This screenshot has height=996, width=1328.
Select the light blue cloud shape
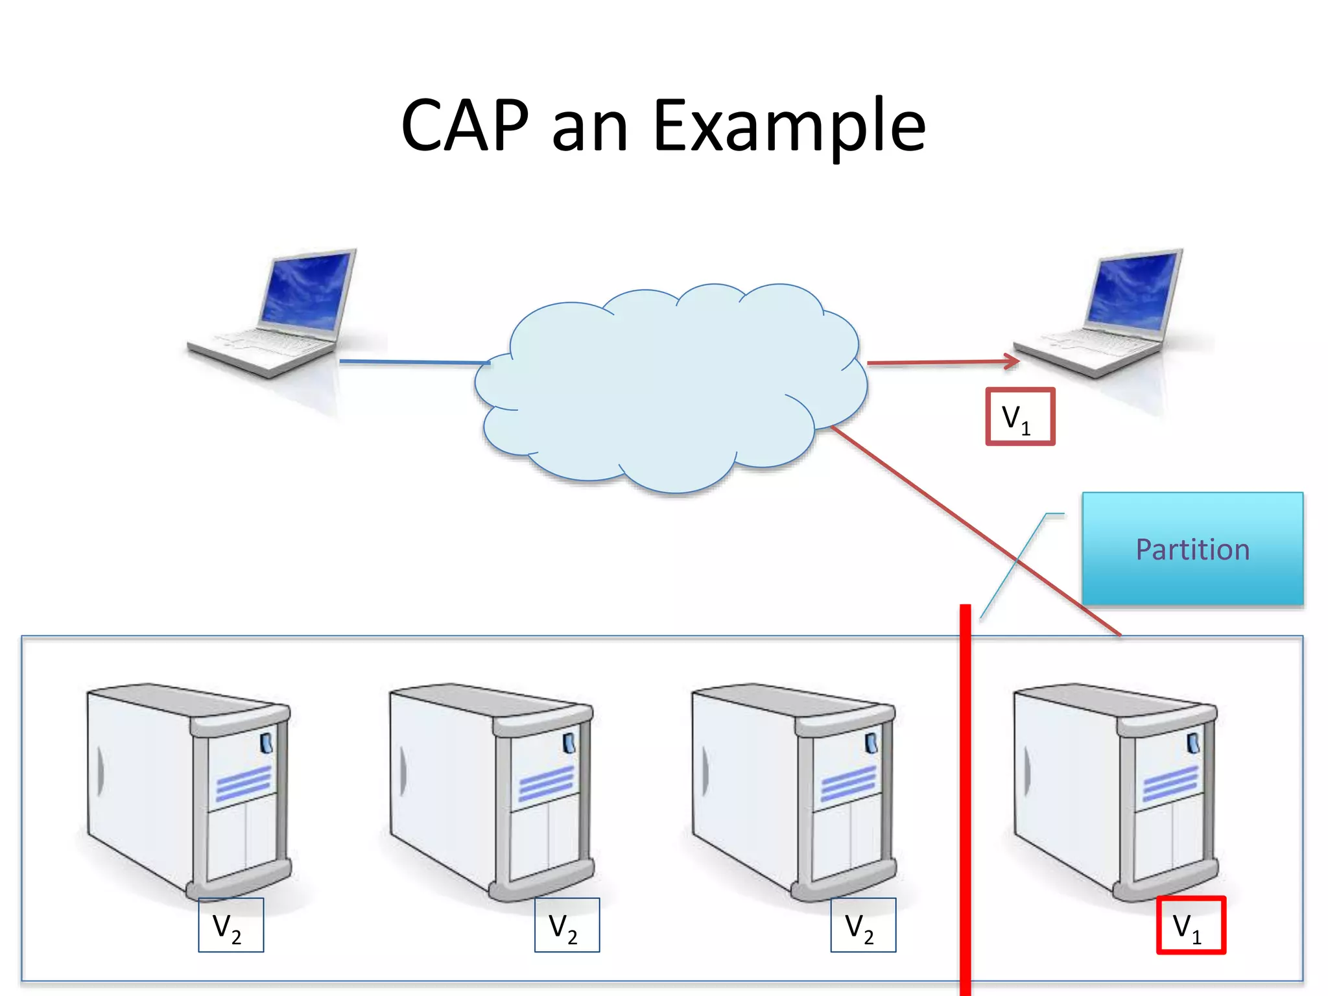[668, 389]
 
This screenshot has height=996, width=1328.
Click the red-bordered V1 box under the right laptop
[1020, 417]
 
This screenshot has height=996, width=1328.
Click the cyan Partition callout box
[1192, 549]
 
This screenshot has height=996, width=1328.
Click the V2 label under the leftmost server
[231, 925]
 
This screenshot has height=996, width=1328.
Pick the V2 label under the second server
[567, 925]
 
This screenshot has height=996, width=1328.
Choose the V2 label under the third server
[863, 925]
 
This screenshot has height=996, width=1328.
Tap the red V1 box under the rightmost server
[1191, 925]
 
